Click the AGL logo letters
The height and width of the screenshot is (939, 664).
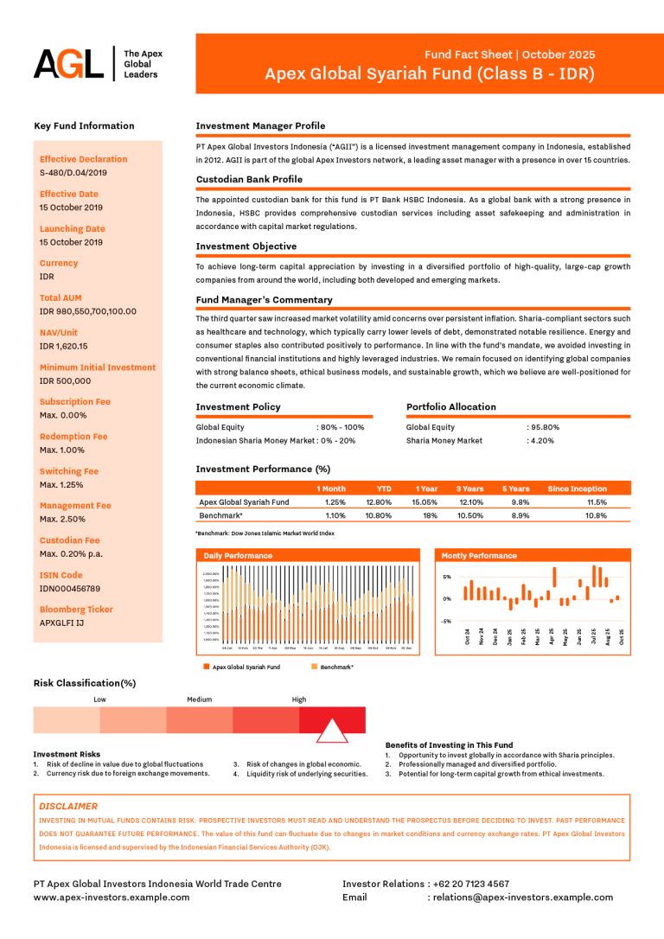click(x=68, y=64)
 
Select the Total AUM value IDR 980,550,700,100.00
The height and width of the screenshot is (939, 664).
click(x=88, y=311)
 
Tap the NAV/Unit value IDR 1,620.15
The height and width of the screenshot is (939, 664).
click(x=64, y=346)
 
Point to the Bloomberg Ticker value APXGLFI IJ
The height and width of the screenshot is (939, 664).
click(x=61, y=623)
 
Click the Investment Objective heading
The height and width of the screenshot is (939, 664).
click(x=246, y=246)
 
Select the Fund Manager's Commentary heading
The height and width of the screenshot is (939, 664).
click(x=264, y=300)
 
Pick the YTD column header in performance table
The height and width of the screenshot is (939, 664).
click(x=384, y=489)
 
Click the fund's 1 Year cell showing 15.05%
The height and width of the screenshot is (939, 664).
click(x=425, y=501)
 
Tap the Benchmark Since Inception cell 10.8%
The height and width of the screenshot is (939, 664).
click(x=596, y=515)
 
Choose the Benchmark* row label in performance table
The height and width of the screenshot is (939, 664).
click(x=220, y=515)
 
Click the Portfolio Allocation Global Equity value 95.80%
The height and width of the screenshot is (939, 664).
click(x=546, y=427)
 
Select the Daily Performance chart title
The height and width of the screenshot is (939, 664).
click(x=238, y=555)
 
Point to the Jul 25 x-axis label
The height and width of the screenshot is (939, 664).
click(x=593, y=636)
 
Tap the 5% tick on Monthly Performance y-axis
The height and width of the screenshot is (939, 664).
click(x=447, y=577)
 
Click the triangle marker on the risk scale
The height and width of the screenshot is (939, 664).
click(x=332, y=731)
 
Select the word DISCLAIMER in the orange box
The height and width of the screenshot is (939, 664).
click(x=68, y=806)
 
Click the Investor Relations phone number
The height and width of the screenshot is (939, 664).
click(x=471, y=884)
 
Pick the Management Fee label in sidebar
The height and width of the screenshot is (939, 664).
click(x=75, y=506)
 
